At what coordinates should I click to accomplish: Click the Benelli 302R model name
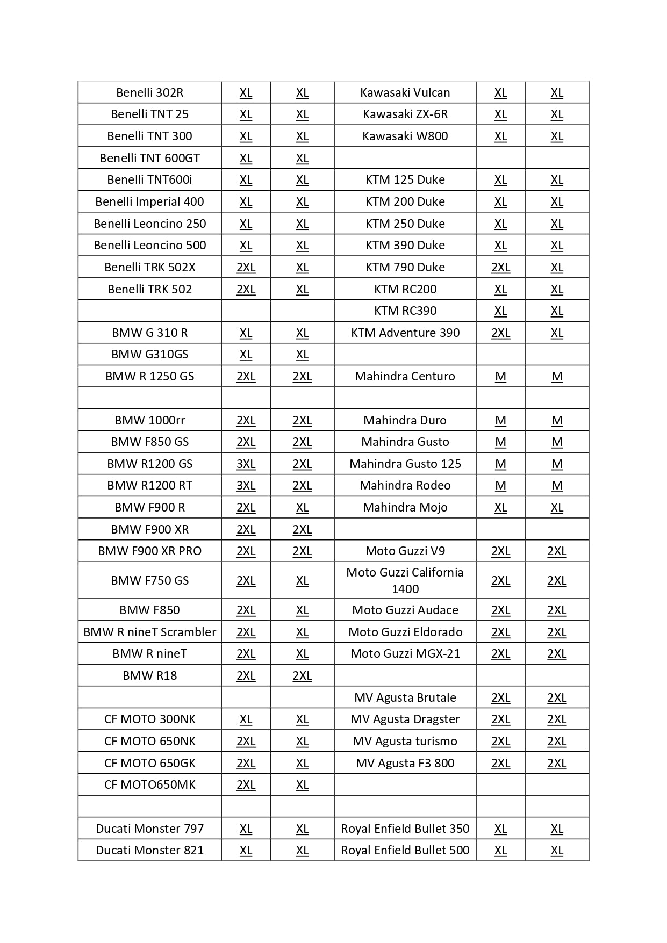point(149,92)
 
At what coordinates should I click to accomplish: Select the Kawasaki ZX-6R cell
point(405,114)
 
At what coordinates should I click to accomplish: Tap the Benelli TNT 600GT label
point(149,158)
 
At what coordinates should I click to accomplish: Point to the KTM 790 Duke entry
point(405,267)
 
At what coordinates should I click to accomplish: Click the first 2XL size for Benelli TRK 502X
point(246,267)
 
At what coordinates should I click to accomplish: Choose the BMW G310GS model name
point(149,354)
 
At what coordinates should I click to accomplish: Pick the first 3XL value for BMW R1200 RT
point(246,485)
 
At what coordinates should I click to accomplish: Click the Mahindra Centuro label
point(405,376)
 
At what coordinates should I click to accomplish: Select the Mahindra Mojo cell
point(405,507)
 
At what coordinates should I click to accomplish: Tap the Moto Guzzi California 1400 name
point(405,580)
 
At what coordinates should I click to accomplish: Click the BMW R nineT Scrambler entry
point(149,632)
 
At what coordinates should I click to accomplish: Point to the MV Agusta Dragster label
point(405,719)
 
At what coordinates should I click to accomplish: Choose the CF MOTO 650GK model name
point(149,763)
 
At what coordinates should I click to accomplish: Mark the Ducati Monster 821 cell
point(149,850)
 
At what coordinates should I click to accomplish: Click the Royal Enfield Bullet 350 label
point(405,829)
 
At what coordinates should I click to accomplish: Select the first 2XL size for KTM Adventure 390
point(500,333)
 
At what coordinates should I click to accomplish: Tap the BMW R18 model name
point(149,675)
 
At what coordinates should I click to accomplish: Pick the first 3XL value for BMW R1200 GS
point(246,464)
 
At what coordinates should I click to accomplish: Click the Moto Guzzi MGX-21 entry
point(405,653)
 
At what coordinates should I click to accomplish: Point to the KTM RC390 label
point(405,311)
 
